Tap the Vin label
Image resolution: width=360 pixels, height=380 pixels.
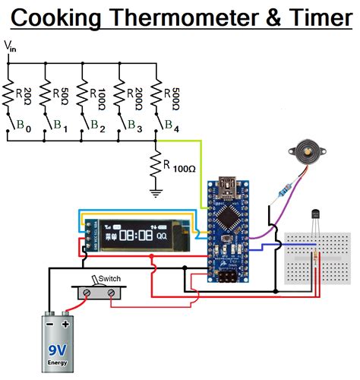11,47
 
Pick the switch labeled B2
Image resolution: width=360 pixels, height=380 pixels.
85,122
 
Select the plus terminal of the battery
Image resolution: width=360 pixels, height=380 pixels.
69,322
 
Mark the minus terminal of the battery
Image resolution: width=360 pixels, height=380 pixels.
49,322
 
